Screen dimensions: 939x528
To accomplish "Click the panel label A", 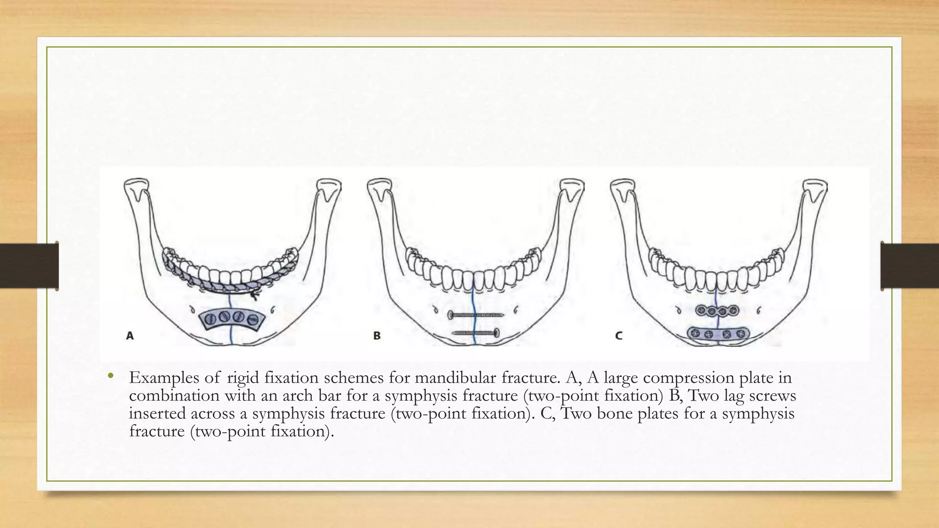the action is point(130,336).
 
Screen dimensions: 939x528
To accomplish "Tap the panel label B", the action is point(377,336).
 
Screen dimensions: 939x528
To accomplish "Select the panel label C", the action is point(619,336).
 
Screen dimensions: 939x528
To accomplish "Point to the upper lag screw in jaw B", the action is point(476,315).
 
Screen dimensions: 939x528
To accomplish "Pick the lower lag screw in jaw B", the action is point(476,333).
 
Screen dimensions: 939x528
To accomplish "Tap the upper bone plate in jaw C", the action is point(718,311).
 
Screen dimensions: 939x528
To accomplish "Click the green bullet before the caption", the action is point(110,377).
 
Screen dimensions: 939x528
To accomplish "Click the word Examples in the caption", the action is point(165,378).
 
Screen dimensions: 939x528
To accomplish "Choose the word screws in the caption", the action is point(773,396).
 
